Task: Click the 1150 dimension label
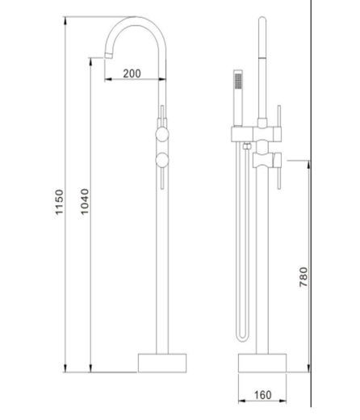point(59,202)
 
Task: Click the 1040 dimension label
point(85,201)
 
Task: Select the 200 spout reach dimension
point(132,73)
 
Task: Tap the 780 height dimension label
point(303,277)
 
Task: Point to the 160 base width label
point(263,395)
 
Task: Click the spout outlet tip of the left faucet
point(107,56)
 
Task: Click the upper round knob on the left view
point(162,135)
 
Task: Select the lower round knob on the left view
point(162,160)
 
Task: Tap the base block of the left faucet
point(162,363)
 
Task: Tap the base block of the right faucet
point(262,363)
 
